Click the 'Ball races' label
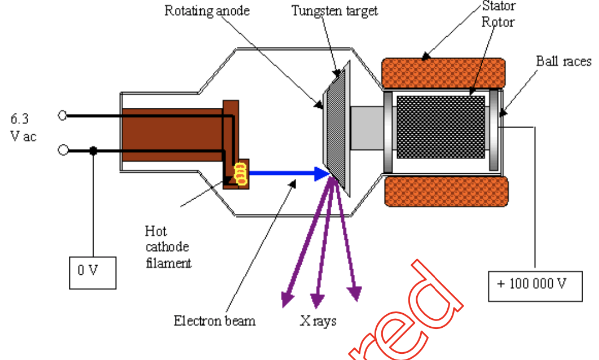pos(563,61)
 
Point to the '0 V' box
pos(93,272)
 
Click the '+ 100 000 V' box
pos(535,284)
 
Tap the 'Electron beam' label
pos(214,321)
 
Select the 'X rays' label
pos(319,321)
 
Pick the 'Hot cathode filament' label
pos(168,247)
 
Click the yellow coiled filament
pos(240,174)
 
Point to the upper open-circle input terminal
pos(63,116)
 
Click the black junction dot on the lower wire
pos(93,151)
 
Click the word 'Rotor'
pos(499,23)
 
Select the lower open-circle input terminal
pos(63,151)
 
